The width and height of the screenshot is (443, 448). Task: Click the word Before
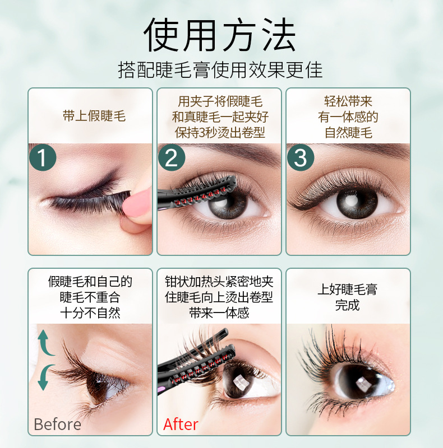(57, 424)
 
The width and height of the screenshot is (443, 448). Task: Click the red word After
(181, 424)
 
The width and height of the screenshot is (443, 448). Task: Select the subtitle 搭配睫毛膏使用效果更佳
(220, 70)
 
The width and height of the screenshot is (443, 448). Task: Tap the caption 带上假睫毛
(90, 116)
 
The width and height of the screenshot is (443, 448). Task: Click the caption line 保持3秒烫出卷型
(220, 133)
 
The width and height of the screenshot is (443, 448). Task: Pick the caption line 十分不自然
(90, 312)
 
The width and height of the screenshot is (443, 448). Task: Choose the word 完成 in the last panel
(348, 305)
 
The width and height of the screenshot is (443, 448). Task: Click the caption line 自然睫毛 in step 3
(348, 133)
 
